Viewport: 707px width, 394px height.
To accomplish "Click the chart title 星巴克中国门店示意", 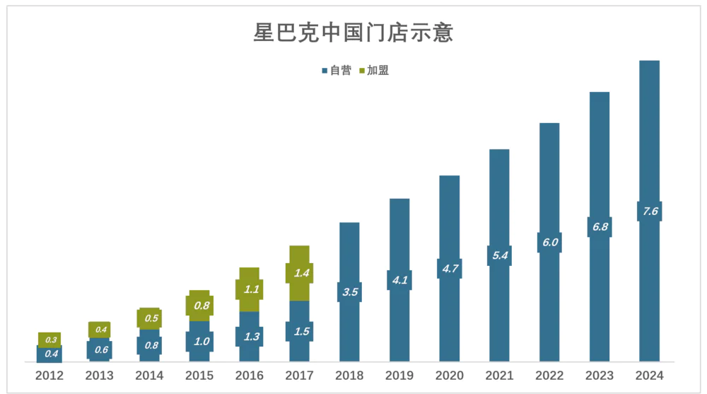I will point(353,33).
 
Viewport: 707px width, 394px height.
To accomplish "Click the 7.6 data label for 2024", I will point(650,212).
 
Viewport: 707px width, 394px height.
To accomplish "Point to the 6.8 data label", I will point(600,227).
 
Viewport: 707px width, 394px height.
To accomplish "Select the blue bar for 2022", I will point(549,177).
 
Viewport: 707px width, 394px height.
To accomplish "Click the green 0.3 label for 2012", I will point(49,340).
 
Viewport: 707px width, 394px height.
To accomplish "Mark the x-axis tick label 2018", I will point(349,376).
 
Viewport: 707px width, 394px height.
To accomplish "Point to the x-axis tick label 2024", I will point(650,376).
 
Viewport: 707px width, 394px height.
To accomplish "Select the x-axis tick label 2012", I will point(49,376).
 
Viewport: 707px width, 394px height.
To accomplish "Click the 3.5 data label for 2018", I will point(349,292).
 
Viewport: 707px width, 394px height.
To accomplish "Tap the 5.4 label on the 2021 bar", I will point(499,255).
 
